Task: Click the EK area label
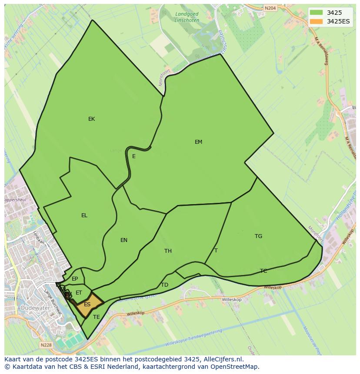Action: [x=91, y=119]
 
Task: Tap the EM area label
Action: [x=198, y=142]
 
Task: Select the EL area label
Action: [x=84, y=215]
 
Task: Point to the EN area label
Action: [x=124, y=240]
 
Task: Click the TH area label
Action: [x=168, y=251]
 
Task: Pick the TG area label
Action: [x=258, y=236]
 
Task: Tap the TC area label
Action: [x=263, y=271]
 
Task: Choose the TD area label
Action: [x=164, y=285]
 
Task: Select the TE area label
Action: [x=97, y=317]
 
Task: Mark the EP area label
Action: [x=75, y=279]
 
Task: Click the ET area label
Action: [x=79, y=293]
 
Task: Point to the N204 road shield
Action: [x=270, y=8]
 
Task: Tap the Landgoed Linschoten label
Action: [x=187, y=17]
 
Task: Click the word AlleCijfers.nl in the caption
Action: [x=223, y=359]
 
